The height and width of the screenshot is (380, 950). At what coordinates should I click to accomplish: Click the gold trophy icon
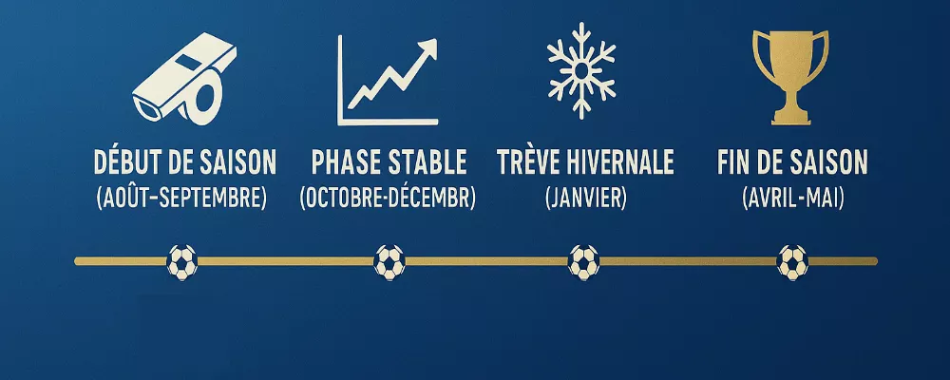791,76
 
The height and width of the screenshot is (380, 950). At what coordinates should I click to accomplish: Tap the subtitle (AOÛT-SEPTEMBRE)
181,199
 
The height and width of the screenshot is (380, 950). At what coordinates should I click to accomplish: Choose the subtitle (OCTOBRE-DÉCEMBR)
388,199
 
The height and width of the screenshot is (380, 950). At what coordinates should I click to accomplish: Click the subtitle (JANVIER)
585,199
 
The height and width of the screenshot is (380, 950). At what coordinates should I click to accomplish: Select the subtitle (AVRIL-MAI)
791,199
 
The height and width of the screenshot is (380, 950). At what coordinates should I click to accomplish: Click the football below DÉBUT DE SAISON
181,261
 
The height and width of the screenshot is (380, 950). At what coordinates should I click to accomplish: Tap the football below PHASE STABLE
389,261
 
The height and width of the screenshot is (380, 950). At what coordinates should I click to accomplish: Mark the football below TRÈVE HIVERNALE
583,261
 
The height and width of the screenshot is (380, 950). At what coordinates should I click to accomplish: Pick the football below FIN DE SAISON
792,261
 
